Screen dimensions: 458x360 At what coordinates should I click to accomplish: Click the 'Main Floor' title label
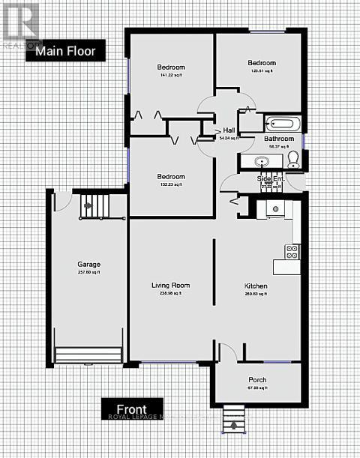[x=65, y=52]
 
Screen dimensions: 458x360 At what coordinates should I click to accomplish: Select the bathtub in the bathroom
[x=282, y=124]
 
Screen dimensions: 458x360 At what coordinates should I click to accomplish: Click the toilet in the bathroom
[x=293, y=158]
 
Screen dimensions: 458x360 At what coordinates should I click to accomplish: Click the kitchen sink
[x=275, y=209]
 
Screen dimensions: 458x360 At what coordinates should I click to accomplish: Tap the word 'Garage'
[x=88, y=265]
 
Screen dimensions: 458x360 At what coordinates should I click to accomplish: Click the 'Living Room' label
[x=170, y=285]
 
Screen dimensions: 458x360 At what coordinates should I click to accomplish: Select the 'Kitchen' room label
[x=256, y=286]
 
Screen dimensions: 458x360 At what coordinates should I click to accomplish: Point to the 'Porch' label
[x=257, y=379]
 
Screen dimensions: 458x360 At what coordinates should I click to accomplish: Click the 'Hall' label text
[x=229, y=130]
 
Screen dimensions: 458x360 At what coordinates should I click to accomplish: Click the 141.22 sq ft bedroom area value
[x=171, y=75]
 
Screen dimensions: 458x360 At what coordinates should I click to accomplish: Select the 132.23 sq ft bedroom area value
[x=171, y=185]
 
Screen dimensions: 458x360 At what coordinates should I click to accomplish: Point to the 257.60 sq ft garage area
[x=88, y=273]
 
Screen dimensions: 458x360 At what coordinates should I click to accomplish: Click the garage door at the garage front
[x=88, y=354]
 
